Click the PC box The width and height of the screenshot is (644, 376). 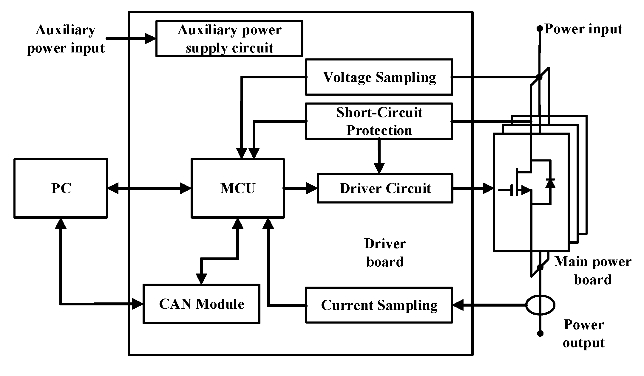click(x=61, y=188)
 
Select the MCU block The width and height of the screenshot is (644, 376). click(x=237, y=188)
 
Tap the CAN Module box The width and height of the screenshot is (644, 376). click(x=201, y=304)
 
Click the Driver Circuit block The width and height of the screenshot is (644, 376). click(x=385, y=188)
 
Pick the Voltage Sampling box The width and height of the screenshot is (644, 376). click(x=379, y=77)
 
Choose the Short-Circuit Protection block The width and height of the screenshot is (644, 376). click(x=379, y=121)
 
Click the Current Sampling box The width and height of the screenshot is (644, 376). click(x=379, y=305)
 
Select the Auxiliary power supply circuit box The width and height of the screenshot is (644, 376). click(x=229, y=39)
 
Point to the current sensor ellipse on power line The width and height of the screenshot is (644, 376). click(x=540, y=305)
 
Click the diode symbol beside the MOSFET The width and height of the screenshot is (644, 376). click(x=550, y=183)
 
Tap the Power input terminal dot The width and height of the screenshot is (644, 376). click(x=540, y=29)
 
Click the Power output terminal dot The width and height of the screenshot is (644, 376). click(x=540, y=333)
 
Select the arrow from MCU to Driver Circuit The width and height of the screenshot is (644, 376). click(x=300, y=188)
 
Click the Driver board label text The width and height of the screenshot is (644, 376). click(x=385, y=253)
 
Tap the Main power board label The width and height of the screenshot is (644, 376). click(x=592, y=271)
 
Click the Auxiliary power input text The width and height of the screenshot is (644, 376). click(x=66, y=39)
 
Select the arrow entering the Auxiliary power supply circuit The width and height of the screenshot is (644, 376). click(x=131, y=39)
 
